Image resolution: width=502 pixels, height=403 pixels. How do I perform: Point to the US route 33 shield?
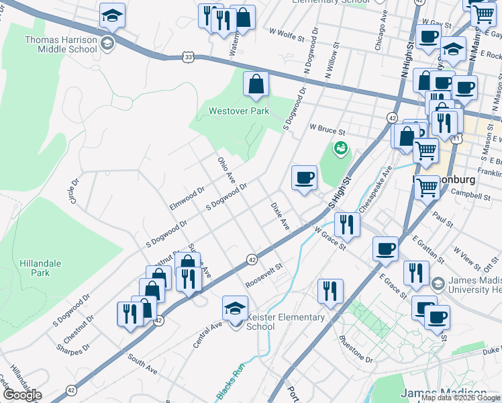pyautogui.click(x=190, y=58)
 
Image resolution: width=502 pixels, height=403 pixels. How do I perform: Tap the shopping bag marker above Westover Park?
pyautogui.click(x=256, y=85)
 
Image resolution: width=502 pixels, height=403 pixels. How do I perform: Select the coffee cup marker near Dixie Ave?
pyautogui.click(x=304, y=178)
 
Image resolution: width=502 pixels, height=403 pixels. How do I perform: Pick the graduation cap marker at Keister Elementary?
pyautogui.click(x=235, y=309)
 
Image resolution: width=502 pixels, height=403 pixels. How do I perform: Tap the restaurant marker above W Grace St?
pyautogui.click(x=346, y=224)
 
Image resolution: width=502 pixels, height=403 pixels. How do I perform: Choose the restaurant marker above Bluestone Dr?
pyautogui.click(x=330, y=291)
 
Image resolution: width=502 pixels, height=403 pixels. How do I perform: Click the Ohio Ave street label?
pyautogui.click(x=225, y=171)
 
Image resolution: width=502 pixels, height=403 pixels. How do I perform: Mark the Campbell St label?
pyautogui.click(x=470, y=197)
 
